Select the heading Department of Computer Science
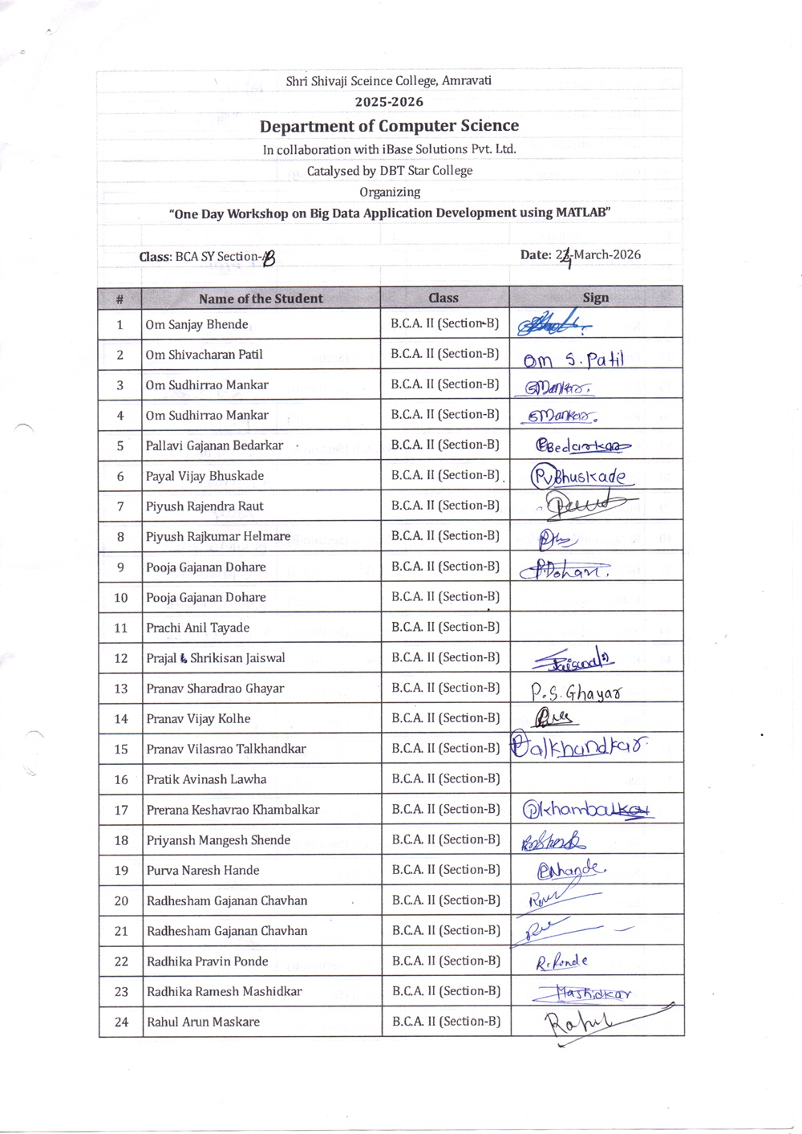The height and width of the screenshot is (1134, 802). click(x=389, y=126)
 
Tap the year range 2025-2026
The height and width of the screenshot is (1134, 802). click(x=389, y=102)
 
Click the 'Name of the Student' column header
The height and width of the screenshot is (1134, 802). click(x=261, y=299)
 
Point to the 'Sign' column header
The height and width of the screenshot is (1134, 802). click(x=595, y=298)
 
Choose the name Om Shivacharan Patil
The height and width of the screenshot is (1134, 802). click(x=204, y=355)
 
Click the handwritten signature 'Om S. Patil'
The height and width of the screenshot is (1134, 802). click(x=573, y=360)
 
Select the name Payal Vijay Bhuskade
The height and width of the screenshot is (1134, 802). click(x=205, y=476)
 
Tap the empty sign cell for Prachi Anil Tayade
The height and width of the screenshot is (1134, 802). click(x=596, y=627)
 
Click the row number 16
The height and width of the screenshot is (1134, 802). click(x=121, y=779)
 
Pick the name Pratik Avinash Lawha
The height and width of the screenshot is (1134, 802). click(x=206, y=779)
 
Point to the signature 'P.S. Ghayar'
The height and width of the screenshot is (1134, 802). click(x=575, y=692)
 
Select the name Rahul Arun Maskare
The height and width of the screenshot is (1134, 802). click(x=203, y=1022)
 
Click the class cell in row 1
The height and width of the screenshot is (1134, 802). click(x=444, y=323)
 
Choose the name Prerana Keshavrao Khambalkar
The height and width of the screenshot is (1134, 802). click(x=233, y=810)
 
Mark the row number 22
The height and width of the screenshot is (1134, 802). click(x=121, y=961)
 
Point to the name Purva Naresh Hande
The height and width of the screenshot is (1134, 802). click(x=203, y=870)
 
